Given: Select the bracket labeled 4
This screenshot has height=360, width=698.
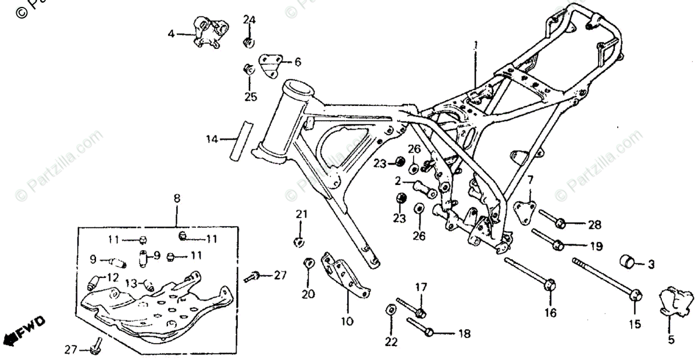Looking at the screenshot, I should point(209,32).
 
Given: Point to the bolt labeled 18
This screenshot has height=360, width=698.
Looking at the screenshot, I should point(421,326).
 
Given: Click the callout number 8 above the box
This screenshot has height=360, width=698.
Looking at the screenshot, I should point(177,198).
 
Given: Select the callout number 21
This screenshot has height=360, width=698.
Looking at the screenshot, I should point(301,215).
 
